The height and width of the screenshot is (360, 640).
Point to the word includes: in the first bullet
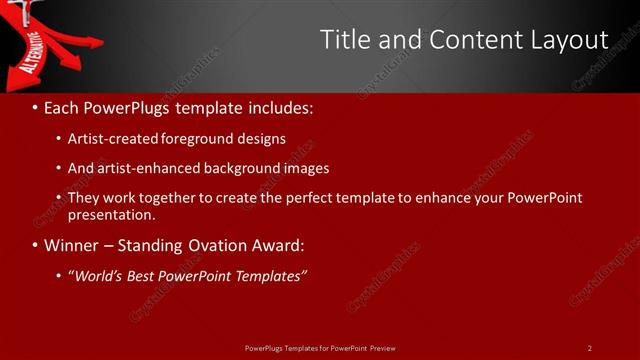284,106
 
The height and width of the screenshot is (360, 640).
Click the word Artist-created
112,138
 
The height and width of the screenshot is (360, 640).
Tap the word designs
261,138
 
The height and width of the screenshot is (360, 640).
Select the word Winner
70,245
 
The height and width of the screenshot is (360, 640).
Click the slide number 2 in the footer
589,348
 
